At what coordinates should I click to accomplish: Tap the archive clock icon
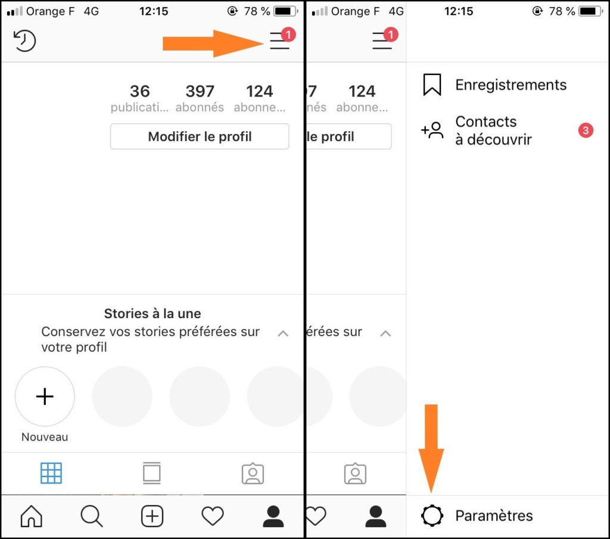point(24,40)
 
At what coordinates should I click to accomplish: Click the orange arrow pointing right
point(213,43)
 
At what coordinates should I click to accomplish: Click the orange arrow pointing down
point(431,448)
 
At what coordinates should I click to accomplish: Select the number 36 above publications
point(139,91)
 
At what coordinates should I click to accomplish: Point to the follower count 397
point(200,91)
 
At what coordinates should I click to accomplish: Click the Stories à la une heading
point(152,313)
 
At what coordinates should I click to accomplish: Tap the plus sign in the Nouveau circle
point(45,396)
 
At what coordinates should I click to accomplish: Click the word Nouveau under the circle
point(45,437)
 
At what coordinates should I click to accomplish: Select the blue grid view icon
point(51,473)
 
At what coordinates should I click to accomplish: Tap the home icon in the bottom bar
point(31,516)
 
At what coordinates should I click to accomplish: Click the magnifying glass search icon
point(92,516)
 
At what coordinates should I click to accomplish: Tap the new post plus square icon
point(152,516)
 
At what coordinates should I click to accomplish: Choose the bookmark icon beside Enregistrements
point(432,85)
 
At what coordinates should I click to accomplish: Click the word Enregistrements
point(511,85)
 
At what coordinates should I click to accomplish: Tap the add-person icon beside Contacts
point(432,130)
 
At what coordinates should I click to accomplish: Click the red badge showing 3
point(586,130)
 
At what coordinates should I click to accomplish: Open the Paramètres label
point(494,516)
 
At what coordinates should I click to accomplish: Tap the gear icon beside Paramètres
point(432,516)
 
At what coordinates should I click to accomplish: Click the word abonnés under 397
point(200,107)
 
